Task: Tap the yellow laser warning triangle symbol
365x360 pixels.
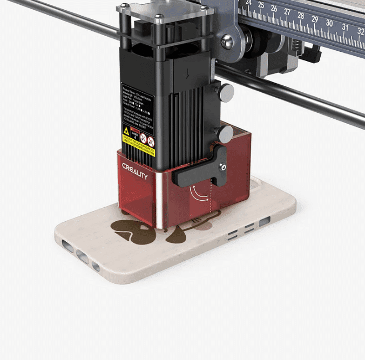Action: [126, 131]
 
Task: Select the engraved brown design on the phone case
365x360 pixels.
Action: [157, 229]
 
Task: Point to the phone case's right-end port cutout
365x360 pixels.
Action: [265, 222]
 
